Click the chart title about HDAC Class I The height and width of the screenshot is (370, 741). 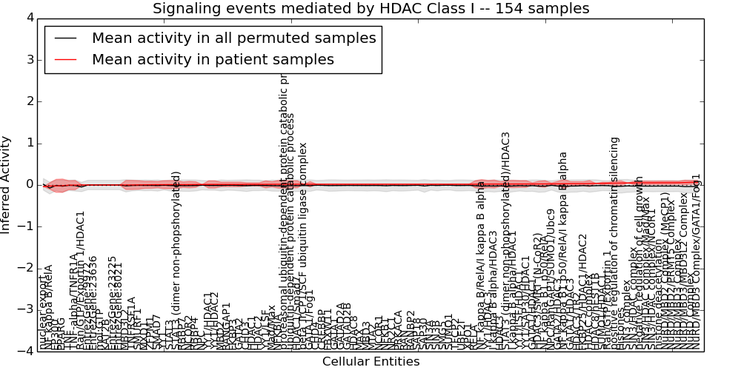[370, 9]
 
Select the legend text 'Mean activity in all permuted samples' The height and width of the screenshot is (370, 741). [233, 38]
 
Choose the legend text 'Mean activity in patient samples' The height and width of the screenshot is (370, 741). [213, 59]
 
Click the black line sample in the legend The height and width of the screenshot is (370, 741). [65, 38]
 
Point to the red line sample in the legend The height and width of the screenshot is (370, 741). [65, 59]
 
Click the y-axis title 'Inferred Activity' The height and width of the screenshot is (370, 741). [7, 184]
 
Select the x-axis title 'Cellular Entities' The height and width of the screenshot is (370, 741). [370, 362]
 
